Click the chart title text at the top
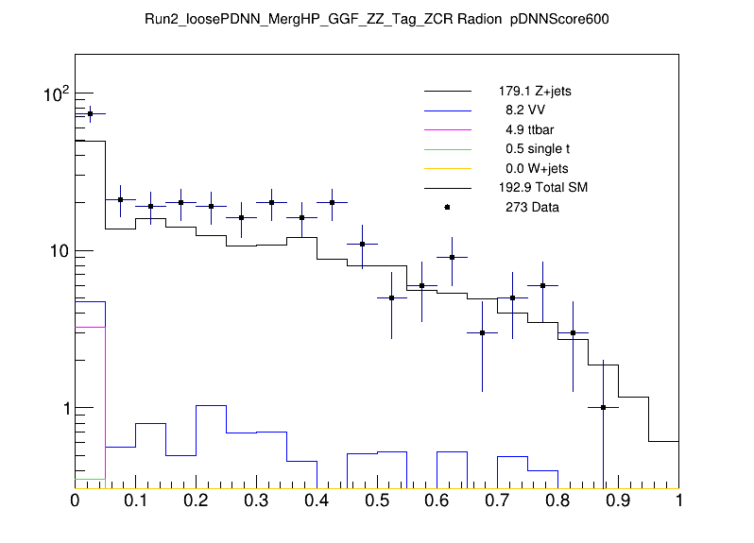377,19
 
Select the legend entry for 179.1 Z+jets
535,92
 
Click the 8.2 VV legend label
525,110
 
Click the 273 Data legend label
532,207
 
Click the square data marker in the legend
447,207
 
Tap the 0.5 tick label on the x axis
377,501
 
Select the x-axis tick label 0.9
618,501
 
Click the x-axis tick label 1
678,501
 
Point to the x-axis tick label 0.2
196,501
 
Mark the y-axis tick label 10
57,251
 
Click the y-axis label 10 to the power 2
55,93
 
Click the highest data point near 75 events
90,113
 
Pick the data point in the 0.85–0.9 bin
603,408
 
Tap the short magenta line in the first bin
90,327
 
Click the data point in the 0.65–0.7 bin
482,332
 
